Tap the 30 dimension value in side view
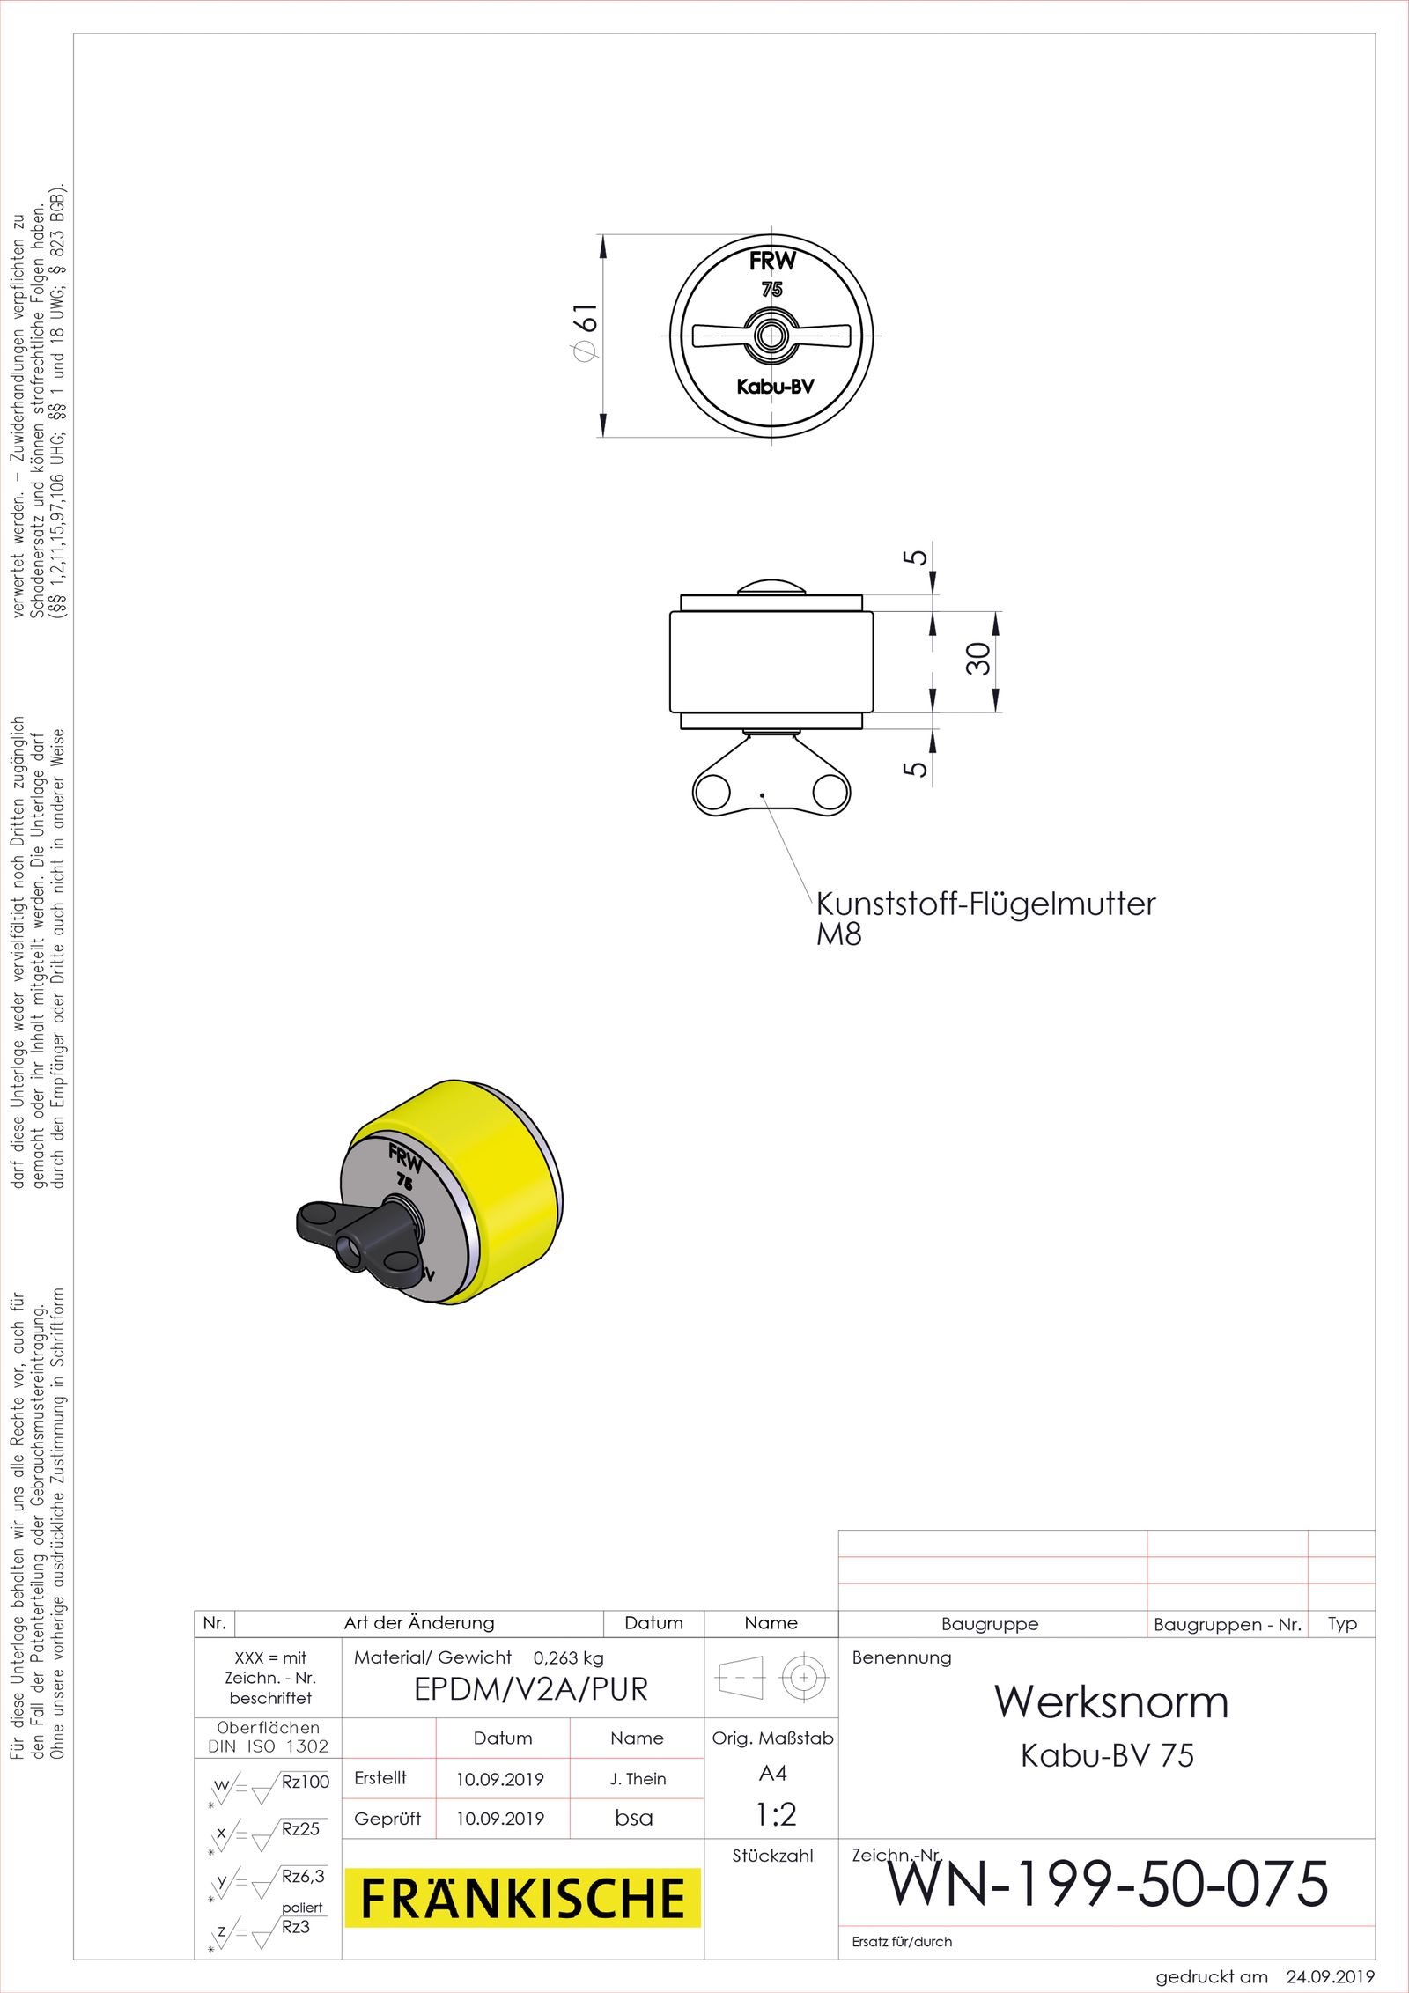977,658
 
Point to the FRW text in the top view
772,261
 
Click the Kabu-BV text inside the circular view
775,387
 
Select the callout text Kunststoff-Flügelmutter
985,904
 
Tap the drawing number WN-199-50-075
1107,1884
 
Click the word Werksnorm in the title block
1111,1701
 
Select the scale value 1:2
775,1814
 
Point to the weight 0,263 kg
568,1658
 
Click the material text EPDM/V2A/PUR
530,1689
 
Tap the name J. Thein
638,1779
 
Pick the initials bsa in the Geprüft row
634,1818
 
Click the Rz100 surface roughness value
305,1782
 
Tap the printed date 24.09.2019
1329,1976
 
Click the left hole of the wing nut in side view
712,793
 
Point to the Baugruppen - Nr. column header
1227,1625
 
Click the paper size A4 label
772,1773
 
